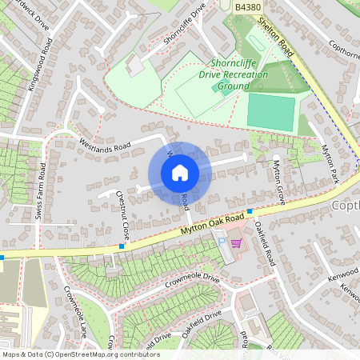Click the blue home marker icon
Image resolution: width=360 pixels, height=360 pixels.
click(x=180, y=173)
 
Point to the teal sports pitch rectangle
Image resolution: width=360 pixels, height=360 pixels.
click(x=270, y=112)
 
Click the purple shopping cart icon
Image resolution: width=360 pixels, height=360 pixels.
click(x=235, y=242)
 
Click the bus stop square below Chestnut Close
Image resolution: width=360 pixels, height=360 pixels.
click(x=122, y=246)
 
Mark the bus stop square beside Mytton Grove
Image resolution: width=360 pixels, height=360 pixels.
click(x=250, y=212)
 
